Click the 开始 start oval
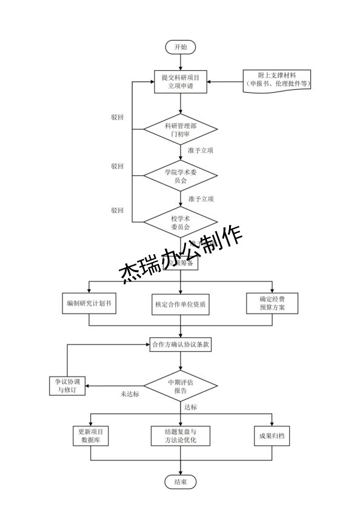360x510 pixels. pyautogui.click(x=181, y=47)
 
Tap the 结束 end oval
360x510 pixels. pyautogui.click(x=181, y=482)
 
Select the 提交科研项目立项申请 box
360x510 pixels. pyautogui.click(x=181, y=82)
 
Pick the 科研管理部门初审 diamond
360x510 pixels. pyautogui.click(x=181, y=130)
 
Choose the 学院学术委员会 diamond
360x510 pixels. pyautogui.click(x=181, y=176)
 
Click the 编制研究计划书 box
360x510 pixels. pyautogui.click(x=88, y=304)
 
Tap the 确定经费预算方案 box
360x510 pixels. pyautogui.click(x=272, y=304)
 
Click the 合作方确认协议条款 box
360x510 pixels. pyautogui.click(x=181, y=345)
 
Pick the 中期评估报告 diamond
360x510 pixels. pyautogui.click(x=181, y=386)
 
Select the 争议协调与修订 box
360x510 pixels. pyautogui.click(x=67, y=386)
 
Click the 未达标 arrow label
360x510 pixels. pyautogui.click(x=130, y=394)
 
